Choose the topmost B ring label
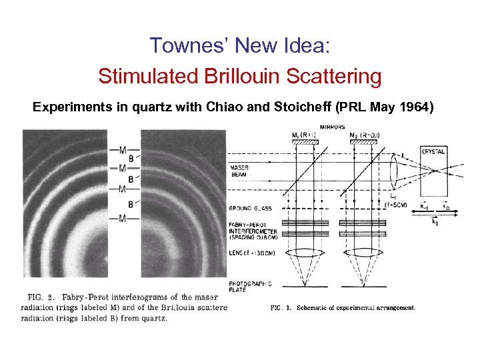tap(131, 159)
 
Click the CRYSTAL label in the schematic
tap(433, 152)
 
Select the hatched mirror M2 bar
tap(363, 141)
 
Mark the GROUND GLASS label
tap(249, 209)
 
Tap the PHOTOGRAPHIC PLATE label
tap(250, 287)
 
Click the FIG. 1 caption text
tap(343, 307)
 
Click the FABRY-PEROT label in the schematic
tap(249, 224)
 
